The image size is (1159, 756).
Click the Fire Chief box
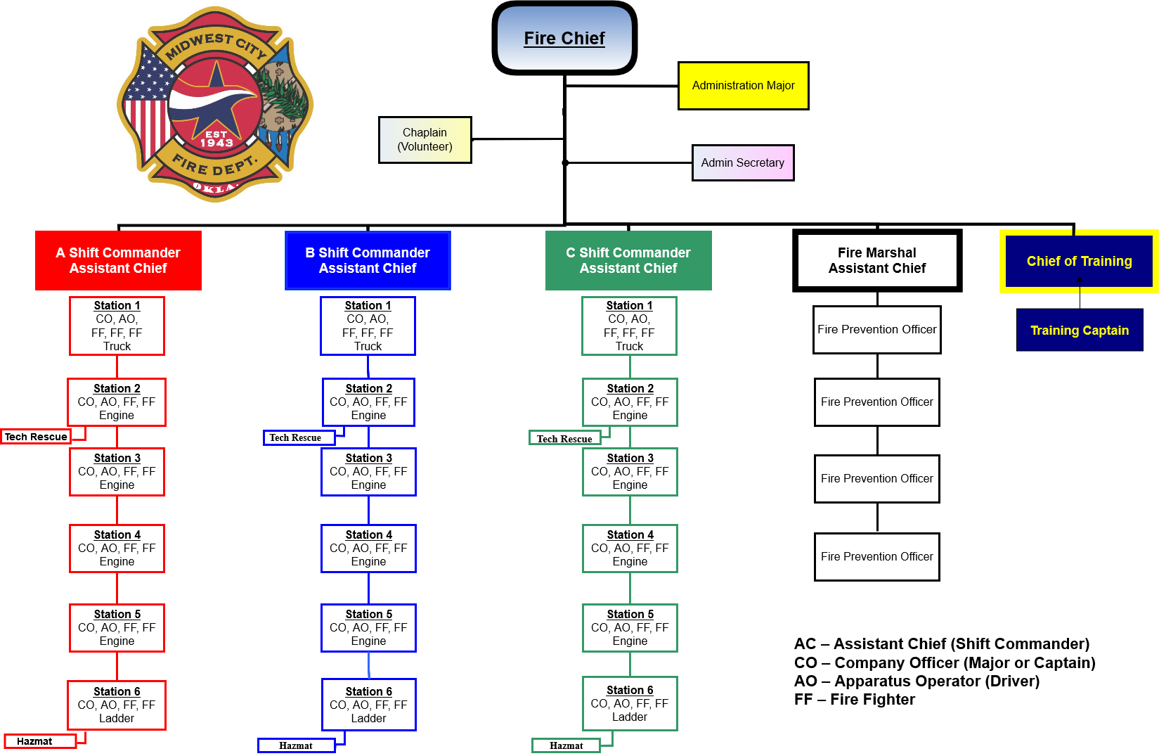click(x=564, y=39)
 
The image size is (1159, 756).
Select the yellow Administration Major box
click(x=743, y=86)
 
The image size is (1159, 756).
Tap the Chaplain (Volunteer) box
click(x=425, y=140)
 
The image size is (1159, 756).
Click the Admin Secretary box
click(x=742, y=163)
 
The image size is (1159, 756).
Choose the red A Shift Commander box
click(x=118, y=260)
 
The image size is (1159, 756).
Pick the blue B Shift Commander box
click(x=368, y=260)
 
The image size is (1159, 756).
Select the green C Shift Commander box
click(x=628, y=260)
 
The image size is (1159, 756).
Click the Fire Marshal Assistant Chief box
click(x=876, y=260)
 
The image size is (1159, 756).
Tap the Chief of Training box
click(x=1079, y=262)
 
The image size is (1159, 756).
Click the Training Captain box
click(x=1079, y=331)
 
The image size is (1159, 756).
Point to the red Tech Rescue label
click(x=36, y=437)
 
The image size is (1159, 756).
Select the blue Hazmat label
click(x=296, y=745)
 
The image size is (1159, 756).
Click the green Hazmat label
click(x=566, y=745)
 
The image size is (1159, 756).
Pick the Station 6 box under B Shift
click(x=368, y=705)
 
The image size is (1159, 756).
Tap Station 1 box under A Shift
click(x=117, y=326)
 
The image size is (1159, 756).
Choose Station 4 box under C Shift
click(x=630, y=548)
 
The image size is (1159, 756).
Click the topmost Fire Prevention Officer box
click(x=876, y=330)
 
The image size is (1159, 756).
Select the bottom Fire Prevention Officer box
click(x=876, y=557)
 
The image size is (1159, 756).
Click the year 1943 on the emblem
click(x=216, y=143)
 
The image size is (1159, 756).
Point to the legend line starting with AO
click(x=917, y=681)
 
